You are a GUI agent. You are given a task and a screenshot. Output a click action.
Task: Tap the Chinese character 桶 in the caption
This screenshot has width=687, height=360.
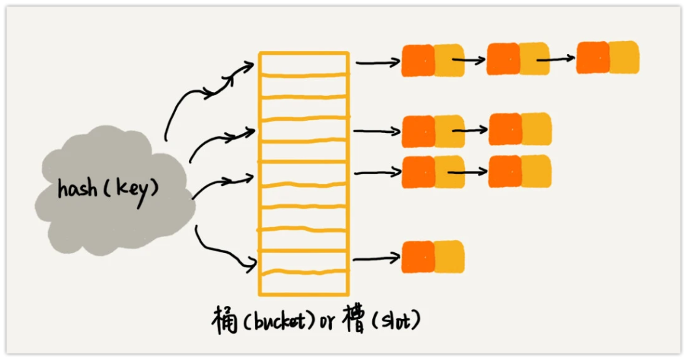point(224,320)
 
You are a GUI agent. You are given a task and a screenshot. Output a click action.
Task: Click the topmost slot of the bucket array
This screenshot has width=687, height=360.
point(303,63)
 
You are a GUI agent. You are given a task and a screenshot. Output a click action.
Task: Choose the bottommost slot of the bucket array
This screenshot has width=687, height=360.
point(303,282)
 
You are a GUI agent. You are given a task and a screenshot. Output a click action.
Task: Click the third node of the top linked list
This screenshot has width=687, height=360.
point(607,57)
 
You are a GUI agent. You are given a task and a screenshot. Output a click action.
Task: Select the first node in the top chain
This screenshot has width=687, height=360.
point(433,61)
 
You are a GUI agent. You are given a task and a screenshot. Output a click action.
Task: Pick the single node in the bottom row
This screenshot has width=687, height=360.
point(433,257)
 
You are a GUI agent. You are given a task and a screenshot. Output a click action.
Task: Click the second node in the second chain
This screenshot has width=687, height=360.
point(520,129)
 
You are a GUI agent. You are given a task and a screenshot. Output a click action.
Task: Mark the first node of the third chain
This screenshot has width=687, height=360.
point(433,172)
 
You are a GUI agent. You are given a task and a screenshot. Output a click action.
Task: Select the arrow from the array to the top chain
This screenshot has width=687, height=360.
point(377,63)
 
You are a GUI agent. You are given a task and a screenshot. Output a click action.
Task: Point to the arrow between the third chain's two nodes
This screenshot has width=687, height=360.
point(468,173)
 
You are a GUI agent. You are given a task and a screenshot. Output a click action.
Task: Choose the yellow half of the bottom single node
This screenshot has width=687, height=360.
point(448,257)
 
